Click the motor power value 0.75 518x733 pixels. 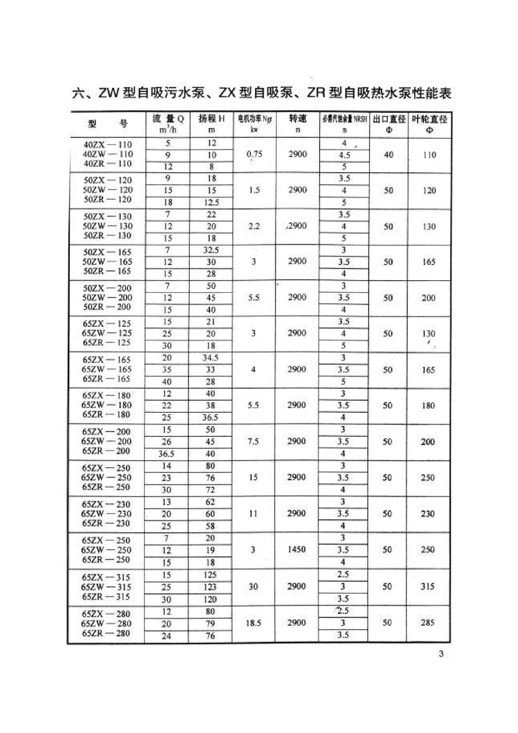tap(254, 154)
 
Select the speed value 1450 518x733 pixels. tap(297, 549)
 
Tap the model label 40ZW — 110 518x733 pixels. tap(108, 154)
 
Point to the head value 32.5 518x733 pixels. tap(211, 250)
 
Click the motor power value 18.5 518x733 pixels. tap(253, 623)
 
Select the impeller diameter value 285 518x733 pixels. tap(428, 623)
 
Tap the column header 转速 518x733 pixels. tap(298, 119)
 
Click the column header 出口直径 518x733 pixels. tap(389, 119)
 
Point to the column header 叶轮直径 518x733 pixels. tap(429, 119)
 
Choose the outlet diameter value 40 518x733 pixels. tap(389, 155)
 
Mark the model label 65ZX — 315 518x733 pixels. tap(106, 577)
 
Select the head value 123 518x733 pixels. tap(210, 587)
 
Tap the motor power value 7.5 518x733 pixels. tap(253, 441)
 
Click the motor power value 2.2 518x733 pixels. tap(254, 226)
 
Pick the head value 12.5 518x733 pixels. tap(211, 202)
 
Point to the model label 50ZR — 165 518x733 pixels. tap(107, 271)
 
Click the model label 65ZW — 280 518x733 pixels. tap(106, 623)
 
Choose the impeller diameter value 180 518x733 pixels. tap(428, 405)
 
